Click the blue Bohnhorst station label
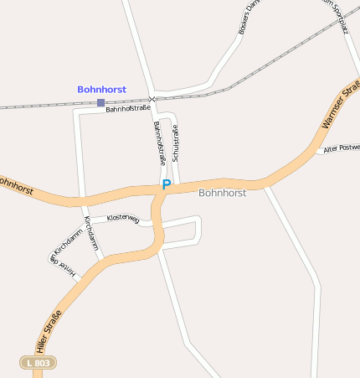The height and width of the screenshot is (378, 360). pos(101,89)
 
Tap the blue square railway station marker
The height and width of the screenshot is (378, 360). pos(100,103)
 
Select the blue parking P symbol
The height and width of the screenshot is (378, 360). pos(166,184)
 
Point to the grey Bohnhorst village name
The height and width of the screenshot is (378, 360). pos(222,193)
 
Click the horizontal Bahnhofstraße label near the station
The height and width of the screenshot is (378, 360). pos(128,108)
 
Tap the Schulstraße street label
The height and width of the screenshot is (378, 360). pos(176,142)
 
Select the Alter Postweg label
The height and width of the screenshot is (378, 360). pos(342,148)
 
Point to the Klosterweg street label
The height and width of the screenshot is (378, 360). pos(122,218)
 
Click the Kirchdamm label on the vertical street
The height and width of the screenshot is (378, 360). pos(90,233)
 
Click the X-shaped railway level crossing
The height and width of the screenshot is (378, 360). pos(152,99)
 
